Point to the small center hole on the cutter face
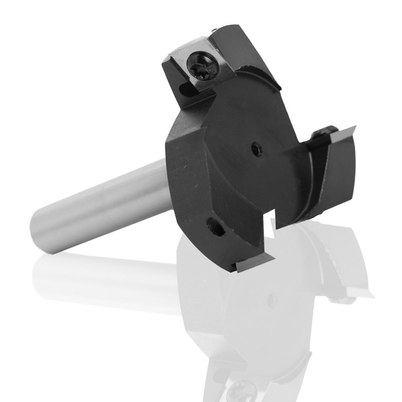coord(256,150)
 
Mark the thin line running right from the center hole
coord(281,152)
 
